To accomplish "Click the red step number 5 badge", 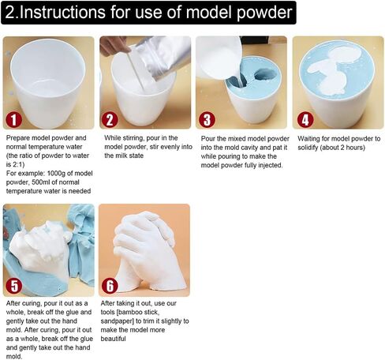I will pos(15,285).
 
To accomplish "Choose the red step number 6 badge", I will pos(111,285).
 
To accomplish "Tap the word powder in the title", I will pos(264,13).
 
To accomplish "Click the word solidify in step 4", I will pos(313,147).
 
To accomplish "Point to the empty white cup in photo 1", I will pos(48,79).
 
